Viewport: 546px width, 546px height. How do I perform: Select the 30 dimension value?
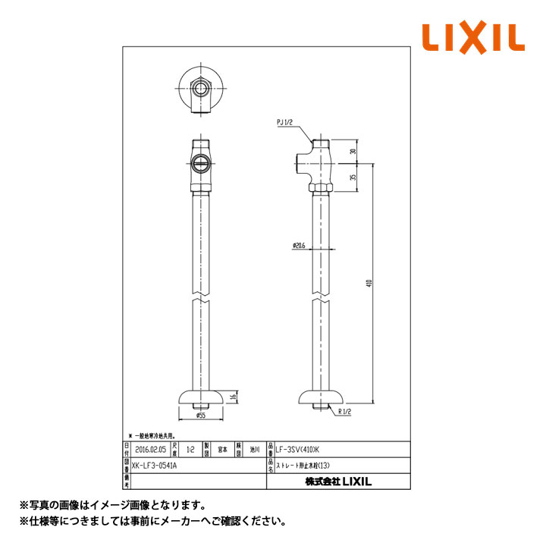(353, 152)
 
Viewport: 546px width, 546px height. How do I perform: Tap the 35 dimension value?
(353, 177)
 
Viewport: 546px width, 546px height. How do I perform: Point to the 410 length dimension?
(369, 283)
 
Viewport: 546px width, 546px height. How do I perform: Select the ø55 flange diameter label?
(202, 415)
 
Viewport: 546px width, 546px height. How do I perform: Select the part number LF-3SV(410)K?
(298, 449)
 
